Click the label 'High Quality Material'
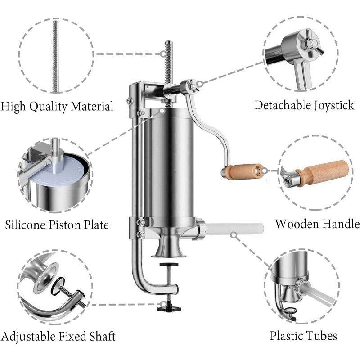[57, 107]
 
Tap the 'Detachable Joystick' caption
[304, 106]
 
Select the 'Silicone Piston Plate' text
[57, 225]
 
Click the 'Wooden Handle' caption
[317, 224]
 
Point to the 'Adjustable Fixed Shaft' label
[58, 336]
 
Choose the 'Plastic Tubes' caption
[303, 335]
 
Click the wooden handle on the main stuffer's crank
[241, 171]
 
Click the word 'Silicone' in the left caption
[26, 225]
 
